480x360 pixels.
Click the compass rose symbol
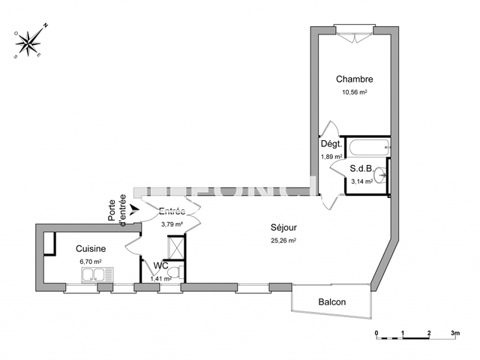[x=31, y=43]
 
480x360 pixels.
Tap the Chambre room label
[x=354, y=79]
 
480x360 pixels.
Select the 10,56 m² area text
[x=354, y=92]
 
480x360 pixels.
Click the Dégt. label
[x=331, y=144]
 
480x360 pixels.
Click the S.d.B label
[x=362, y=169]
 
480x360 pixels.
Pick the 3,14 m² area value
[x=362, y=181]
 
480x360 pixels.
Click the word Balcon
[x=331, y=302]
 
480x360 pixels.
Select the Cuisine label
[x=90, y=248]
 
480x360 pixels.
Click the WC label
[x=160, y=265]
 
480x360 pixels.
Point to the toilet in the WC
[x=173, y=273]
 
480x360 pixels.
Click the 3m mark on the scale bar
[x=454, y=331]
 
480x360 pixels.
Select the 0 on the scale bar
[x=376, y=331]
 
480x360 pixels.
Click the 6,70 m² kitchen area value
[x=90, y=261]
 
